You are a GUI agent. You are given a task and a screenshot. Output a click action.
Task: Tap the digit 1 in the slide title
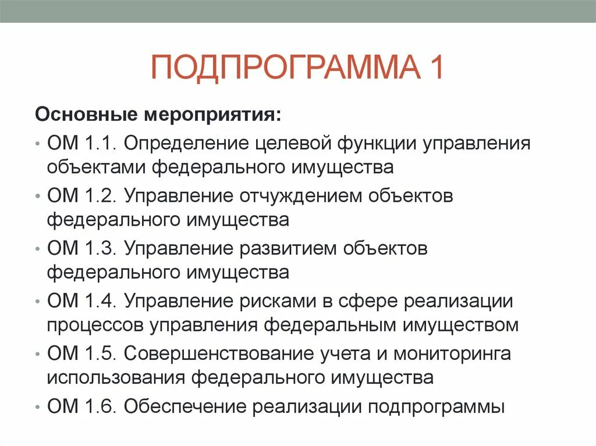coord(435,67)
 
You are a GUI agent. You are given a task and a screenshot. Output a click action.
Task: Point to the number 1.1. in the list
coord(100,144)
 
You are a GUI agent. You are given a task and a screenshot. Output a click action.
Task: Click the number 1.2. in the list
coord(100,196)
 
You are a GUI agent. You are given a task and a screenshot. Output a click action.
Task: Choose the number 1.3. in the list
coord(100,248)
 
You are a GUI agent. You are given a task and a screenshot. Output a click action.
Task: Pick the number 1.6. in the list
coord(100,405)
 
